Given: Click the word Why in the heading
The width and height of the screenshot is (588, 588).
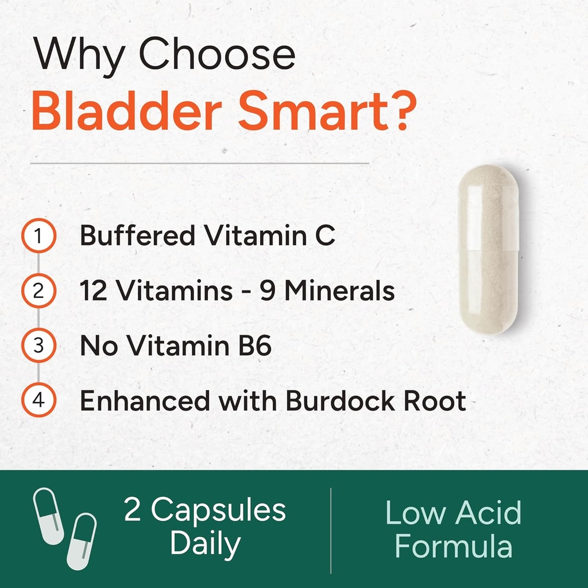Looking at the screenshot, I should click(x=80, y=56).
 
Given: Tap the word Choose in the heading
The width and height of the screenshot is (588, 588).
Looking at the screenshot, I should click(x=217, y=56).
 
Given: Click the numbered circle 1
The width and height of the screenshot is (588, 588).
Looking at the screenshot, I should click(x=38, y=236).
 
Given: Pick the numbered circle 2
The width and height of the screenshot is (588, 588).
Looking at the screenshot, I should click(x=38, y=291).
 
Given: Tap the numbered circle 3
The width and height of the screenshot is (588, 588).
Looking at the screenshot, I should click(x=38, y=346).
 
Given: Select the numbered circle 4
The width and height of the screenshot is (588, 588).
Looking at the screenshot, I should click(x=38, y=401).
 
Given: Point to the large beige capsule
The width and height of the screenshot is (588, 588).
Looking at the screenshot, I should click(x=488, y=250).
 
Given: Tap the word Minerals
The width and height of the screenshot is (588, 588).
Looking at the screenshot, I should click(x=339, y=291).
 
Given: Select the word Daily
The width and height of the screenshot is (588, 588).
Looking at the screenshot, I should click(x=205, y=544).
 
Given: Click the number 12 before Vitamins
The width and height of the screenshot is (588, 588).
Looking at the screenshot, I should click(x=92, y=291).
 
